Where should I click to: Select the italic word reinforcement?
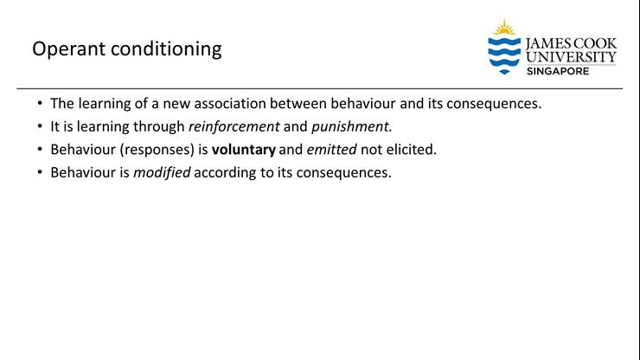[x=234, y=125]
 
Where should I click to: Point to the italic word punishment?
[x=351, y=125]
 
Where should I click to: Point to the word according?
[x=227, y=172]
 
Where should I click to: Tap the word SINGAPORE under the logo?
[x=558, y=71]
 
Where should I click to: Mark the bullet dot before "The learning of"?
[x=39, y=103]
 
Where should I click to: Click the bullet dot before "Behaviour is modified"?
[x=39, y=172]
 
